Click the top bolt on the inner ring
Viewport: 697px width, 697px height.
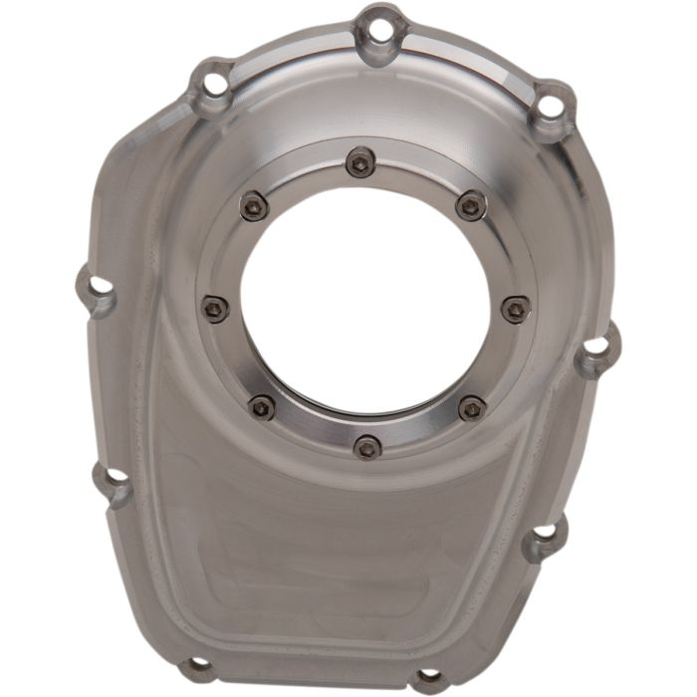(360, 161)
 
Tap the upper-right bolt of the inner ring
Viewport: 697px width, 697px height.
(471, 206)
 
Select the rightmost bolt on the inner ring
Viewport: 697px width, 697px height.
(516, 309)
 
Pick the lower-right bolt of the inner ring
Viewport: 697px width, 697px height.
(472, 408)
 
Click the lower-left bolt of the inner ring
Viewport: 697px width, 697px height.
(262, 405)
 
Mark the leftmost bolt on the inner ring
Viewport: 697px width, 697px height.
(214, 309)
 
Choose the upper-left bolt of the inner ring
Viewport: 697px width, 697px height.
(255, 206)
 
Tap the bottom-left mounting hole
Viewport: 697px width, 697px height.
(199, 664)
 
